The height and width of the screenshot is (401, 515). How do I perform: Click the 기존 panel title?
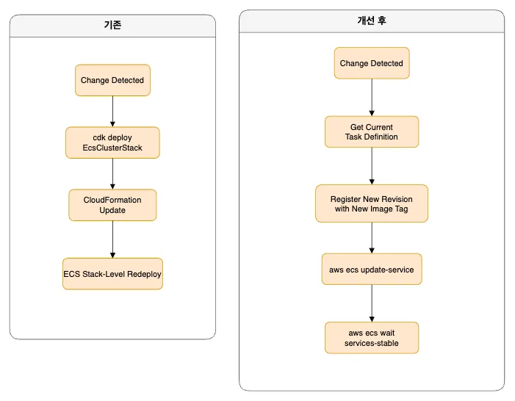[x=112, y=25]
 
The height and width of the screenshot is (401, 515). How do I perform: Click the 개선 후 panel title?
[x=372, y=21]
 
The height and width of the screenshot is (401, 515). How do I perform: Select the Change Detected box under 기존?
[x=112, y=80]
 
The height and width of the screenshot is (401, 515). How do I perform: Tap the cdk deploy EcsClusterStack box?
[x=112, y=142]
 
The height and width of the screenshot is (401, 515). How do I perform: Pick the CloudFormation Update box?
[x=112, y=205]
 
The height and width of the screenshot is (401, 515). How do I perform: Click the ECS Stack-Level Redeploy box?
[x=112, y=274]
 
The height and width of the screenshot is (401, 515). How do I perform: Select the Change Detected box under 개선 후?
[x=372, y=63]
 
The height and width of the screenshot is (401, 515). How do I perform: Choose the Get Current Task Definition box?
[x=372, y=131]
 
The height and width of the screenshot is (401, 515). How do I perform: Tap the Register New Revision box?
[x=372, y=203]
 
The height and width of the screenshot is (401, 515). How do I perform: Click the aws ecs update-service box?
[x=372, y=269]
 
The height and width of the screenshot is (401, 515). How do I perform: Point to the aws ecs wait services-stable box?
[x=372, y=338]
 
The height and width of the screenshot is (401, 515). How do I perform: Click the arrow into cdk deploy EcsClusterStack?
[x=112, y=112]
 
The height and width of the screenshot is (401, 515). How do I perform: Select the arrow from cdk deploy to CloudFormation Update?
[x=112, y=174]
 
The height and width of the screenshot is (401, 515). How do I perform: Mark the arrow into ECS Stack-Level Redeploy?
[x=112, y=239]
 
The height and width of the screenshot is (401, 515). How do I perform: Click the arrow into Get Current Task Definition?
[x=372, y=97]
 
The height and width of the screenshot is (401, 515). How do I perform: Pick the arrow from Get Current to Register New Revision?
[x=372, y=166]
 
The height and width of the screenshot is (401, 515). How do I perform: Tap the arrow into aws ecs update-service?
[x=372, y=238]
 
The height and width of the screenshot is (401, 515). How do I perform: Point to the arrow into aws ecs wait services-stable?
[x=372, y=303]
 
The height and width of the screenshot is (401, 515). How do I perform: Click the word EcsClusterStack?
[x=112, y=148]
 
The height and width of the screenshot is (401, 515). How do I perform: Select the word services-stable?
[x=372, y=343]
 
